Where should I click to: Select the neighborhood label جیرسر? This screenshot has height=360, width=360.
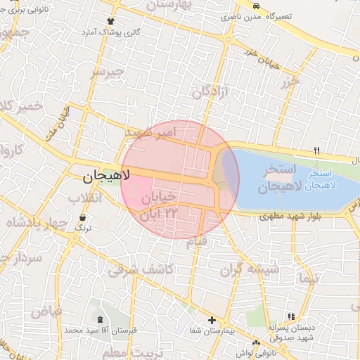(108, 72)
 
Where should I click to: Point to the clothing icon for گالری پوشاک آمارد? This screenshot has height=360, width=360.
(109, 21)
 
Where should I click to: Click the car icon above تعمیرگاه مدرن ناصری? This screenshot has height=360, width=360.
(255, 5)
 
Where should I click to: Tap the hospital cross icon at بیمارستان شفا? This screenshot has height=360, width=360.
(211, 321)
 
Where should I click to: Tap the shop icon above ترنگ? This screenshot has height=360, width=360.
(84, 218)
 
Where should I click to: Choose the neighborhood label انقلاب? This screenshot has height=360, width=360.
(85, 198)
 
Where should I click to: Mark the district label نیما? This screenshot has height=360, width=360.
(308, 278)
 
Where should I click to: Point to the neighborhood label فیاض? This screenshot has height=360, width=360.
(48, 310)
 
